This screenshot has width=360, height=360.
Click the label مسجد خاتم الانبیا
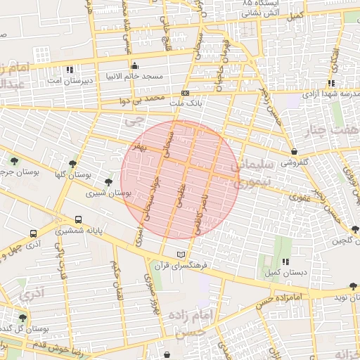134,75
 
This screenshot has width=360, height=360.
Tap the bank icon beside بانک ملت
185,93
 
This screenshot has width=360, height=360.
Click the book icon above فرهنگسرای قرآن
181,253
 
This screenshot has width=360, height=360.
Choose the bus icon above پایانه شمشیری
78,219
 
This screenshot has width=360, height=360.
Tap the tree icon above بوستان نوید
352,286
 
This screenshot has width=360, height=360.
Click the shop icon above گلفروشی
294,151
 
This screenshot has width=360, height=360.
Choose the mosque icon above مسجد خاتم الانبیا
134,65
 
